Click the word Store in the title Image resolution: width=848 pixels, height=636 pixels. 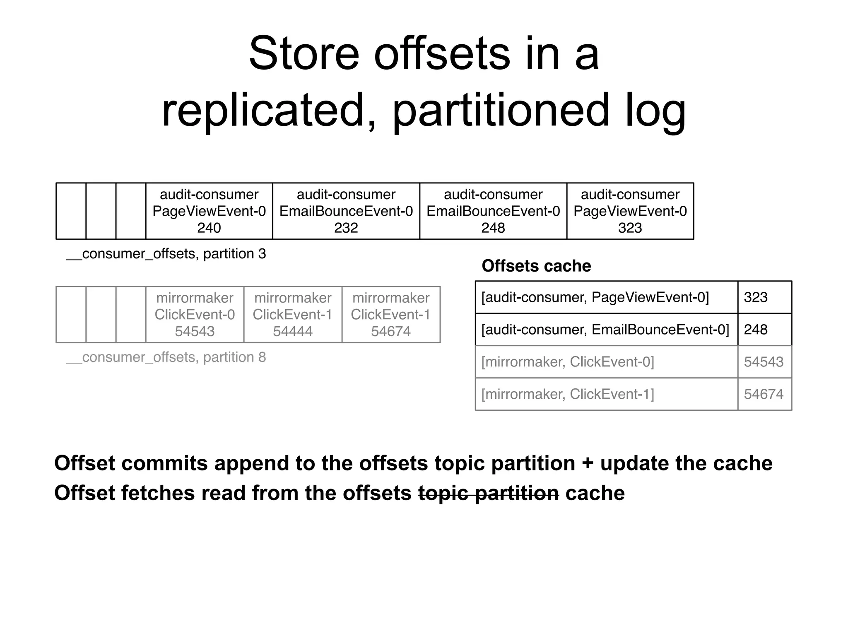[304, 54]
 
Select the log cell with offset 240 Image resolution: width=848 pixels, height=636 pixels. [209, 211]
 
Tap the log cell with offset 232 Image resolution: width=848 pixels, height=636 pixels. [346, 211]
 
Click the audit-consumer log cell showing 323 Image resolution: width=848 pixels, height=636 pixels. [630, 211]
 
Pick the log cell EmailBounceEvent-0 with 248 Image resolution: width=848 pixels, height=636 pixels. [493, 211]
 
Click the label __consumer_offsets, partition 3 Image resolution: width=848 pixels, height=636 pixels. [166, 254]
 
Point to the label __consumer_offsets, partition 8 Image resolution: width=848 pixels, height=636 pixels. [166, 357]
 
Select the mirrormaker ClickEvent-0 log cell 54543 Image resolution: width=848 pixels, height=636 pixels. [195, 315]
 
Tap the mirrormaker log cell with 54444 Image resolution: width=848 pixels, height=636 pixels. [293, 315]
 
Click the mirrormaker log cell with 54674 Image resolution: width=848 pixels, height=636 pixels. [391, 315]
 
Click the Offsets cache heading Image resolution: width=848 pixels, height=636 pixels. [536, 266]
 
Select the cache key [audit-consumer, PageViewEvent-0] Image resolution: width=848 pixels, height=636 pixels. [595, 297]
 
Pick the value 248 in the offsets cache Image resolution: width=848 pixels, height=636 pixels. [756, 330]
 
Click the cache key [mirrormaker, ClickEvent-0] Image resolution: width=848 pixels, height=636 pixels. [568, 362]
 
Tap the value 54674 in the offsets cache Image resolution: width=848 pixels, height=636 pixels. [764, 394]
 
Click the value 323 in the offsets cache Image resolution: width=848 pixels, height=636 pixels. [756, 297]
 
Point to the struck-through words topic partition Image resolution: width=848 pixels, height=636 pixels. [489, 493]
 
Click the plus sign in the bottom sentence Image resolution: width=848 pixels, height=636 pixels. [588, 463]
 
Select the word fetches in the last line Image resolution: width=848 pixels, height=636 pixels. [157, 493]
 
